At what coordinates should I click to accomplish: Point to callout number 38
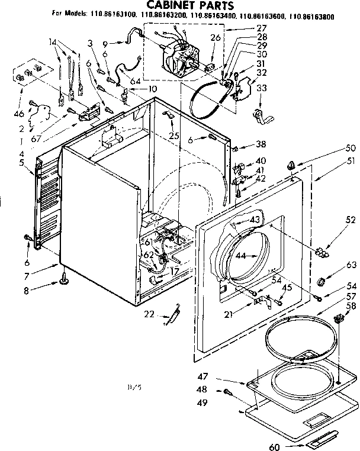261,144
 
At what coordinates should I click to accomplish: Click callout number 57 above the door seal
335,295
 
